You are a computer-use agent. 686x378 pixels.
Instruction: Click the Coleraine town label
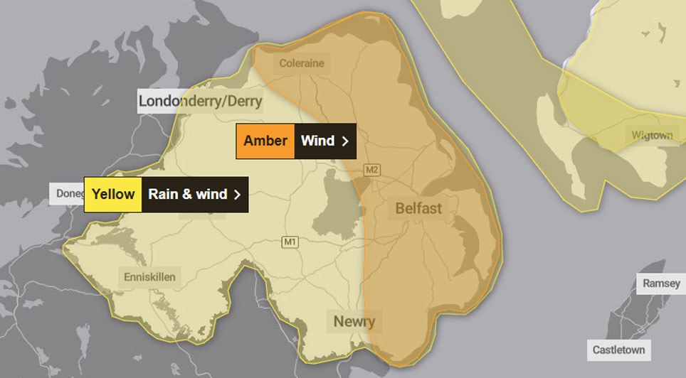302,63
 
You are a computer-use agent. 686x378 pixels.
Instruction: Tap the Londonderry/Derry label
200,101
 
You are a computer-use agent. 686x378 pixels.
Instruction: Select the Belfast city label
418,209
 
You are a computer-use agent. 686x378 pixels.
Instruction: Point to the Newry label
354,321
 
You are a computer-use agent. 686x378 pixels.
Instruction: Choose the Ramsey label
661,283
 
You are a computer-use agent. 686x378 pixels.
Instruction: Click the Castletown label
618,350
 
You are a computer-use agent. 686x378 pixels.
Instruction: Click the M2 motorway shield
371,170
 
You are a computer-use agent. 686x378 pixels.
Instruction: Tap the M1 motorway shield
289,242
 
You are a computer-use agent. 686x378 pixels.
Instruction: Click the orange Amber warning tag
265,141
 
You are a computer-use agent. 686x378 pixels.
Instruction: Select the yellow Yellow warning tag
113,194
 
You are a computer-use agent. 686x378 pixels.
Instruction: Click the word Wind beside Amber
317,141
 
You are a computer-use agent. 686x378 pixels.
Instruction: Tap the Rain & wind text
187,194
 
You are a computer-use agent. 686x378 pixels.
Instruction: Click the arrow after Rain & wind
238,195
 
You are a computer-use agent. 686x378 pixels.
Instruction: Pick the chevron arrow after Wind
345,141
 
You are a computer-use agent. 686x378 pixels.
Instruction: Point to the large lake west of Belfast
339,202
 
